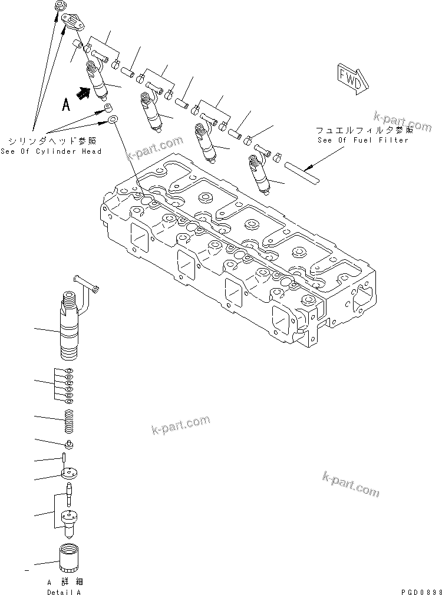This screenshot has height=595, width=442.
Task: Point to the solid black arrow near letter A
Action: (84, 91)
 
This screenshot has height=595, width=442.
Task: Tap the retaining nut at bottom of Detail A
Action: (70, 557)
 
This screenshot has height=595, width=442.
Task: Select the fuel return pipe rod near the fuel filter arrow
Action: (301, 170)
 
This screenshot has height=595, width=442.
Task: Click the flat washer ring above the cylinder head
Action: (112, 121)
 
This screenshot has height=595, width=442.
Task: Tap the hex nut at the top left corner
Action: (60, 5)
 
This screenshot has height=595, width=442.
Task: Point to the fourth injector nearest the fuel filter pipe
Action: (260, 173)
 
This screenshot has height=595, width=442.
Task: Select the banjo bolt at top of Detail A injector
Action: (87, 285)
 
